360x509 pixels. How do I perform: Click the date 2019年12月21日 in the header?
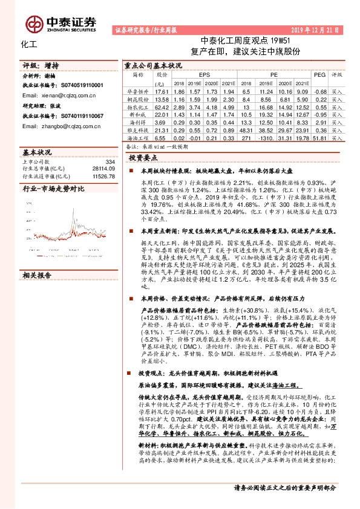point(315,29)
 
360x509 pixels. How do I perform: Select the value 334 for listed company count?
point(110,162)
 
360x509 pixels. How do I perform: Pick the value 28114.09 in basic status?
point(103,169)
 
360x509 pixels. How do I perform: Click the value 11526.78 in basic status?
point(103,176)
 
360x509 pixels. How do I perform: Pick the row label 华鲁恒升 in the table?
point(138,90)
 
